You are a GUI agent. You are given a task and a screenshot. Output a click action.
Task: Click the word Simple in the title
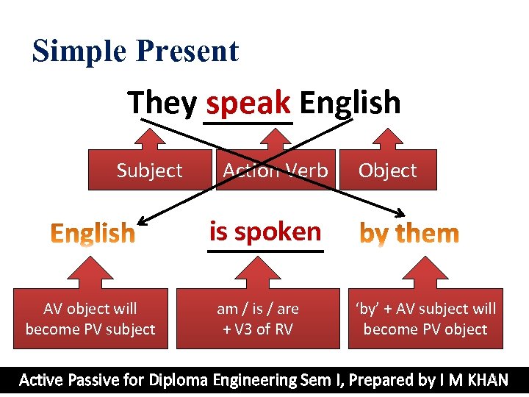point(79,51)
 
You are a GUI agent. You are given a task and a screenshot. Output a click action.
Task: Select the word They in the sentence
point(162,103)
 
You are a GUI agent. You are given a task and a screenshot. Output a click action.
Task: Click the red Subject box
point(149,171)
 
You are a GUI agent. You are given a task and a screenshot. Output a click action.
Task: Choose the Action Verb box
point(276,171)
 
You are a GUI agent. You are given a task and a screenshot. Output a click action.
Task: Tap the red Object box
point(387,171)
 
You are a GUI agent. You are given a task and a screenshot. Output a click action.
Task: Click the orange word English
point(93,234)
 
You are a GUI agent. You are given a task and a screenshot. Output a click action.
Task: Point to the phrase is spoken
point(265,232)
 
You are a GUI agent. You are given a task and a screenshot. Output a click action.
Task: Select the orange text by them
point(409,234)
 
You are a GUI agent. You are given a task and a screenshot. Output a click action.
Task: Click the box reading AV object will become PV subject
point(90,319)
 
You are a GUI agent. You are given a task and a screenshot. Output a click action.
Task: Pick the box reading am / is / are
point(258,319)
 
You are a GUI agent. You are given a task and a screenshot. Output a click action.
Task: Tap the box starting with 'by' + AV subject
point(425,319)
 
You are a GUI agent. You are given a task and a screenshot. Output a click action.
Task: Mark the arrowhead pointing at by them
point(399,215)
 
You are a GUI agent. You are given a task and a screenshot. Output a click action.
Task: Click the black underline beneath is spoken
point(265,251)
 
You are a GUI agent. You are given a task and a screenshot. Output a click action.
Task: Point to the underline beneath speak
point(248,121)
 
